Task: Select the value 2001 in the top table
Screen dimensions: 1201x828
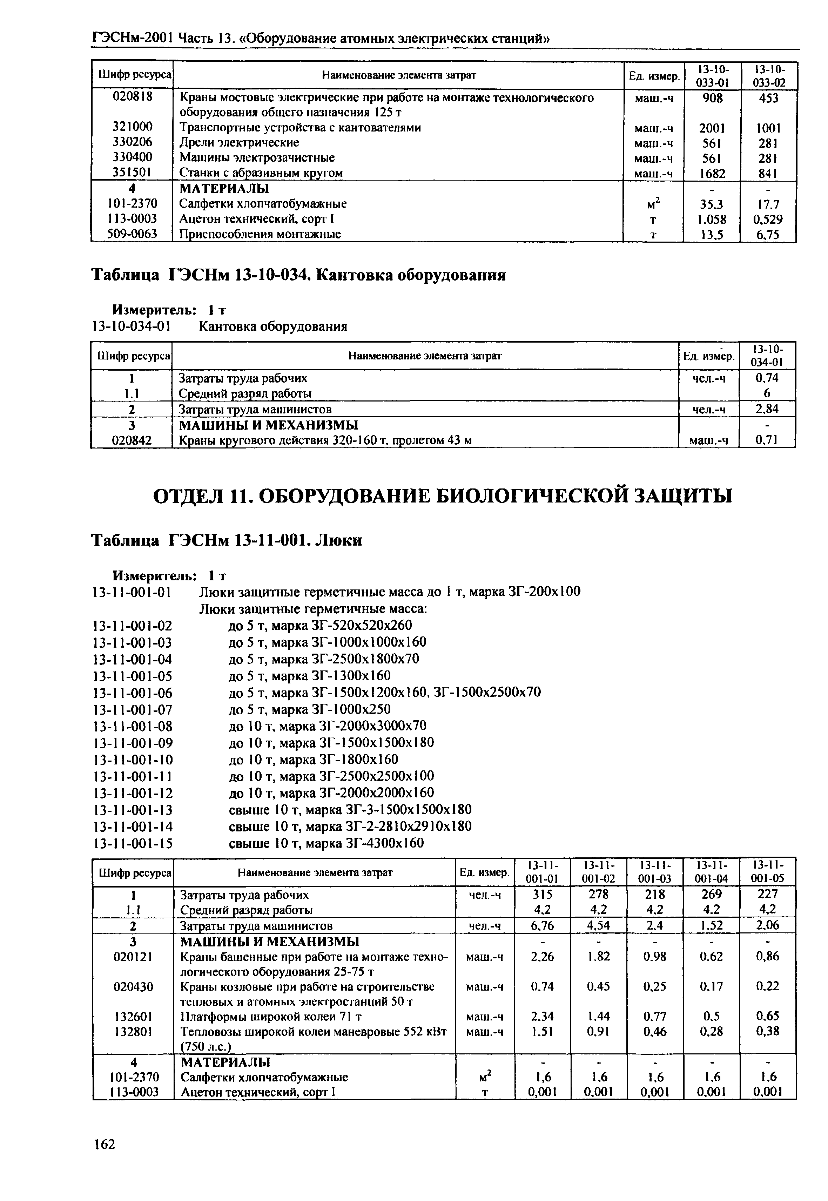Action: [712, 128]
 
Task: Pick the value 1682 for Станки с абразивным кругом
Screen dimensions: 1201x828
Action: [712, 173]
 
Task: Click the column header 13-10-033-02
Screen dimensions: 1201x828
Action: [769, 76]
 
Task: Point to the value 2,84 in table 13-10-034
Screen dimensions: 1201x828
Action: [766, 409]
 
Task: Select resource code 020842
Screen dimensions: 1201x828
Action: [132, 440]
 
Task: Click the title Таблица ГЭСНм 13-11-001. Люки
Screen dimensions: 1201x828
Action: [227, 541]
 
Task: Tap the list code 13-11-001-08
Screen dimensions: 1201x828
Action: [132, 726]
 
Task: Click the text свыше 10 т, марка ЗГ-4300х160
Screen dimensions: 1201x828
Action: [326, 843]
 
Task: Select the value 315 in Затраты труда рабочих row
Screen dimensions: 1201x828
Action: [542, 895]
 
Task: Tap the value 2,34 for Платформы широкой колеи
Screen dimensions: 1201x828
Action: [542, 1016]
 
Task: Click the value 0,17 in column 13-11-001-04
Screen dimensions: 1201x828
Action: [710, 986]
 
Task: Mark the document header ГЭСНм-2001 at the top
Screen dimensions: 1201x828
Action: [132, 38]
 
